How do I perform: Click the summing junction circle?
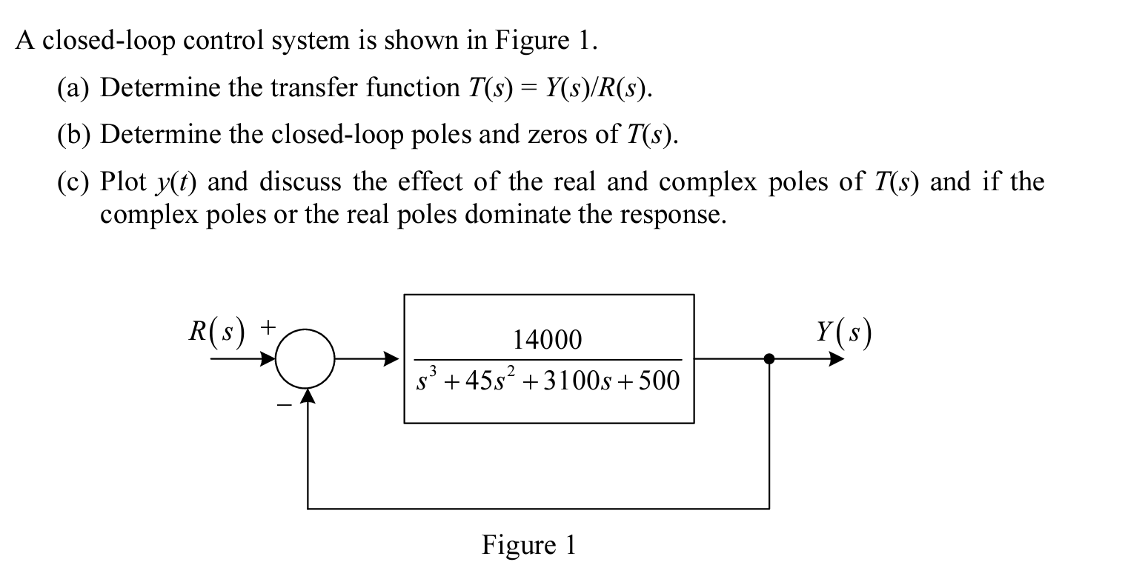307,360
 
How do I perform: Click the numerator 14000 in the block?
548,340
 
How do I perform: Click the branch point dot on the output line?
769,360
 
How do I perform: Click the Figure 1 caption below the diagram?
528,546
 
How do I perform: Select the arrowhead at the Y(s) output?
835,360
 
